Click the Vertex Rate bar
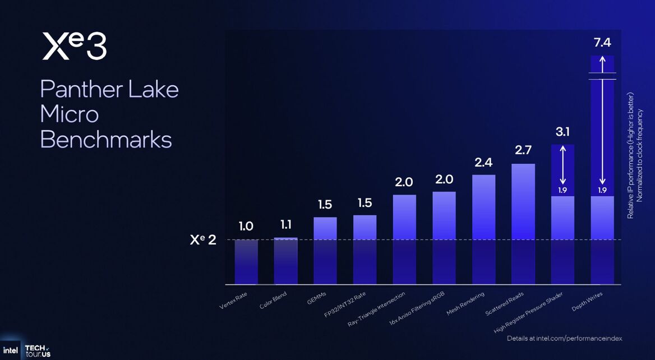[x=246, y=261]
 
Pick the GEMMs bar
[x=325, y=250]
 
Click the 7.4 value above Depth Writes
[x=603, y=42]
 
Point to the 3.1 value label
[x=563, y=132]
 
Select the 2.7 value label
[x=523, y=150]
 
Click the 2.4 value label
[x=483, y=162]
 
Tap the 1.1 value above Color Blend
[x=285, y=225]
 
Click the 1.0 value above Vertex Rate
[x=246, y=227]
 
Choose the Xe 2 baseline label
[x=203, y=240]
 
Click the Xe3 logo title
[x=74, y=47]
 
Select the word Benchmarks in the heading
[x=106, y=140]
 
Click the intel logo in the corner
[x=10, y=350]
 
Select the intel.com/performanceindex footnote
[x=564, y=339]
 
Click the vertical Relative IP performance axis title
[x=631, y=156]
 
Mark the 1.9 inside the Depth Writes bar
[x=603, y=190]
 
